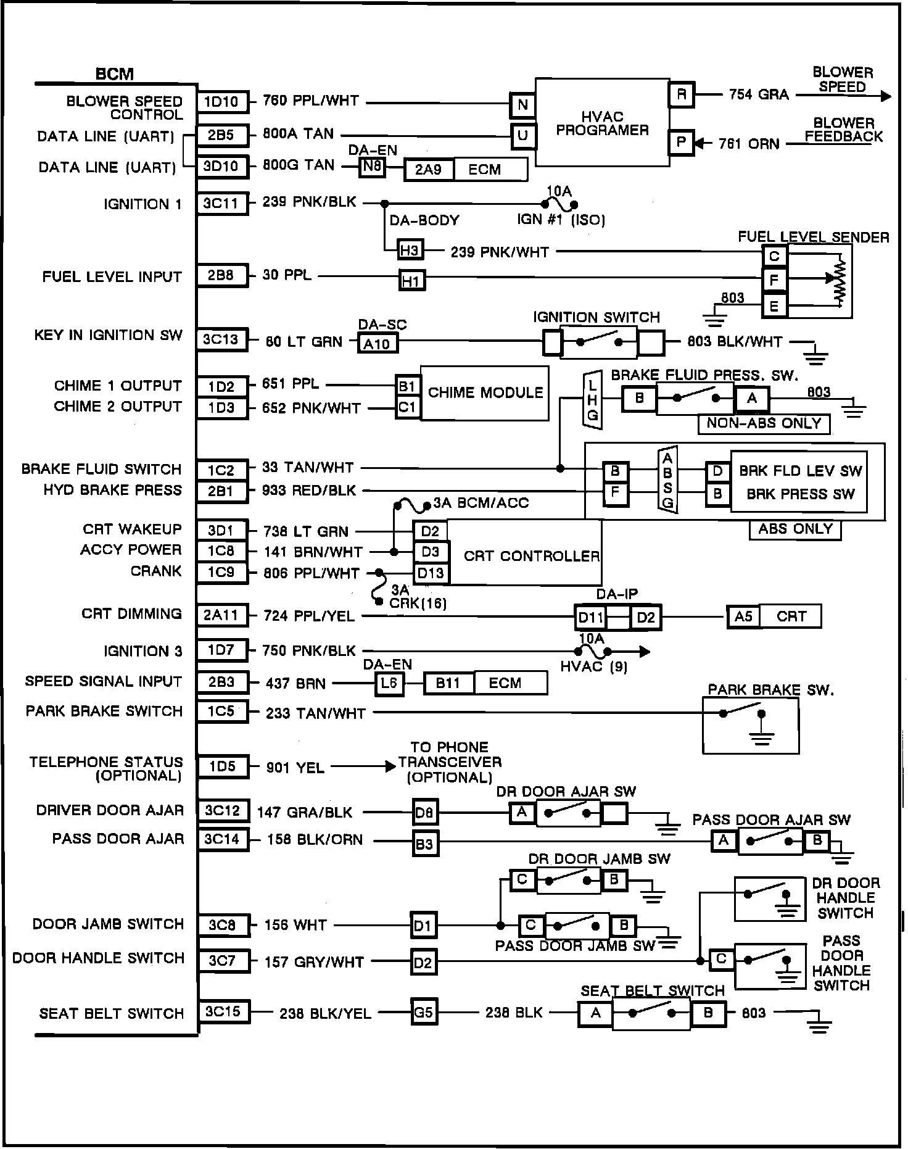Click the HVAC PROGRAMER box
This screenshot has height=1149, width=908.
(x=601, y=123)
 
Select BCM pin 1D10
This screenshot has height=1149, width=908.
(x=222, y=102)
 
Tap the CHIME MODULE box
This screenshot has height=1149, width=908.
(x=485, y=393)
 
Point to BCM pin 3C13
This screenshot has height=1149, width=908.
(x=222, y=339)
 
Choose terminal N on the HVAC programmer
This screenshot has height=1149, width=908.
(x=522, y=105)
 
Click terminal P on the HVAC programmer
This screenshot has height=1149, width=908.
(x=682, y=143)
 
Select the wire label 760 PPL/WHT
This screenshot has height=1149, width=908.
(x=311, y=101)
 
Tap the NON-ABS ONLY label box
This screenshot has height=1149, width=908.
(x=764, y=423)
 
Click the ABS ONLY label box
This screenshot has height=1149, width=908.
(x=795, y=529)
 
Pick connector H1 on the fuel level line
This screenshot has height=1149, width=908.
(x=411, y=281)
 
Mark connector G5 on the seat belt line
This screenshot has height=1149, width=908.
(x=424, y=1013)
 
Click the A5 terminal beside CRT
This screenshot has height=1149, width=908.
(x=743, y=616)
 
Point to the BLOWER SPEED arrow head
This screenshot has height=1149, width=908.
(x=886, y=96)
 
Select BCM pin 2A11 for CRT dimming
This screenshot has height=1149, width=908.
(x=222, y=615)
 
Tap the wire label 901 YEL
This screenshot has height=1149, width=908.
(x=295, y=768)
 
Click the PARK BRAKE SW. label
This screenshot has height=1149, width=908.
(x=770, y=690)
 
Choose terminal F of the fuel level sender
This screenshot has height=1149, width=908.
(x=775, y=280)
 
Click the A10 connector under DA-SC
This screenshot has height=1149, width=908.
(x=377, y=344)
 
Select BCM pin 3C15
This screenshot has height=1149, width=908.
(x=222, y=1013)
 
